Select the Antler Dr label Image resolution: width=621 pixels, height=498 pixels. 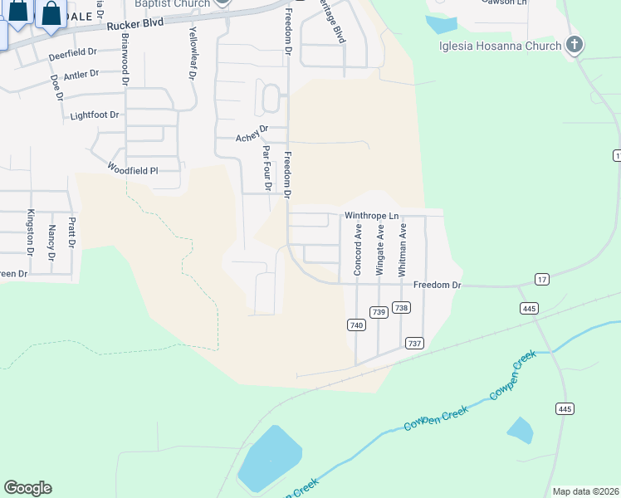tap(81, 75)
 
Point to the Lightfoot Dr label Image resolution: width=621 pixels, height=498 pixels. tap(95, 115)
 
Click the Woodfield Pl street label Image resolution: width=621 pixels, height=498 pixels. tap(132, 170)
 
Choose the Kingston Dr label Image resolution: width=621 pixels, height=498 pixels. tap(32, 232)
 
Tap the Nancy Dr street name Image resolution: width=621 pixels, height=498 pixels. tap(51, 244)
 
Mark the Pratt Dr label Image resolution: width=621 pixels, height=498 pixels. tap(72, 233)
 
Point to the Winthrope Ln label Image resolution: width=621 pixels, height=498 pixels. tap(373, 216)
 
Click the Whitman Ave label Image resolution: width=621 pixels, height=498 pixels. tap(403, 250)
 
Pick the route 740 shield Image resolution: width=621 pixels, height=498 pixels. tap(356, 325)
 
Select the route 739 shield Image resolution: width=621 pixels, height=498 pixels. tap(379, 312)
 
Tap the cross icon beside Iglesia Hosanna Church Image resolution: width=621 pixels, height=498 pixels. tap(574, 46)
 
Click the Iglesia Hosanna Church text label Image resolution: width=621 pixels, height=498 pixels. tap(501, 46)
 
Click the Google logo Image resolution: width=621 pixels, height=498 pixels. tap(27, 488)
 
